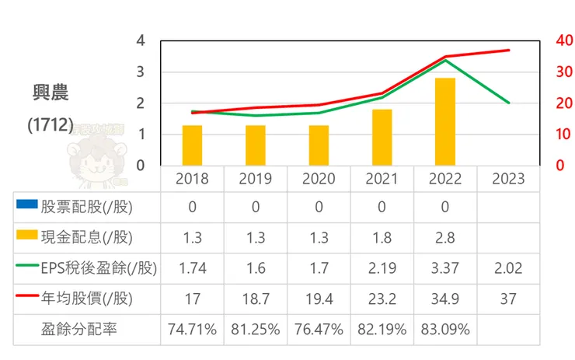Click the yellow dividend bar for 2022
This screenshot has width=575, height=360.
(x=445, y=122)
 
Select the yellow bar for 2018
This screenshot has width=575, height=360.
(x=192, y=145)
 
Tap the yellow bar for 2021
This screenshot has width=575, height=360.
(x=382, y=138)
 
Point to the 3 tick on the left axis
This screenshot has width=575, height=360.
(x=141, y=72)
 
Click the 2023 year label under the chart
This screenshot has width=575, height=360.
(x=508, y=179)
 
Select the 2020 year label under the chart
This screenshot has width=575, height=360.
(x=319, y=179)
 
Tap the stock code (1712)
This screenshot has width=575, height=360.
(x=50, y=124)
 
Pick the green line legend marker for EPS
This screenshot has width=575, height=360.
(x=26, y=267)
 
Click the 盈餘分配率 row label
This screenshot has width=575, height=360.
(x=78, y=329)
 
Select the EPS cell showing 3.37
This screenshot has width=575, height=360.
(x=445, y=268)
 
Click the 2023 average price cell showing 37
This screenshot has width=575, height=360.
(x=508, y=299)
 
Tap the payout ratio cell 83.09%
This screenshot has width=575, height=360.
(x=445, y=329)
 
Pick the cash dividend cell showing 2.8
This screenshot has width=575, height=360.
(x=445, y=237)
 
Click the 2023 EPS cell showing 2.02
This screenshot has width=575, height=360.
(x=508, y=268)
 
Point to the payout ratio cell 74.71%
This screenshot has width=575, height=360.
(x=192, y=329)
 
